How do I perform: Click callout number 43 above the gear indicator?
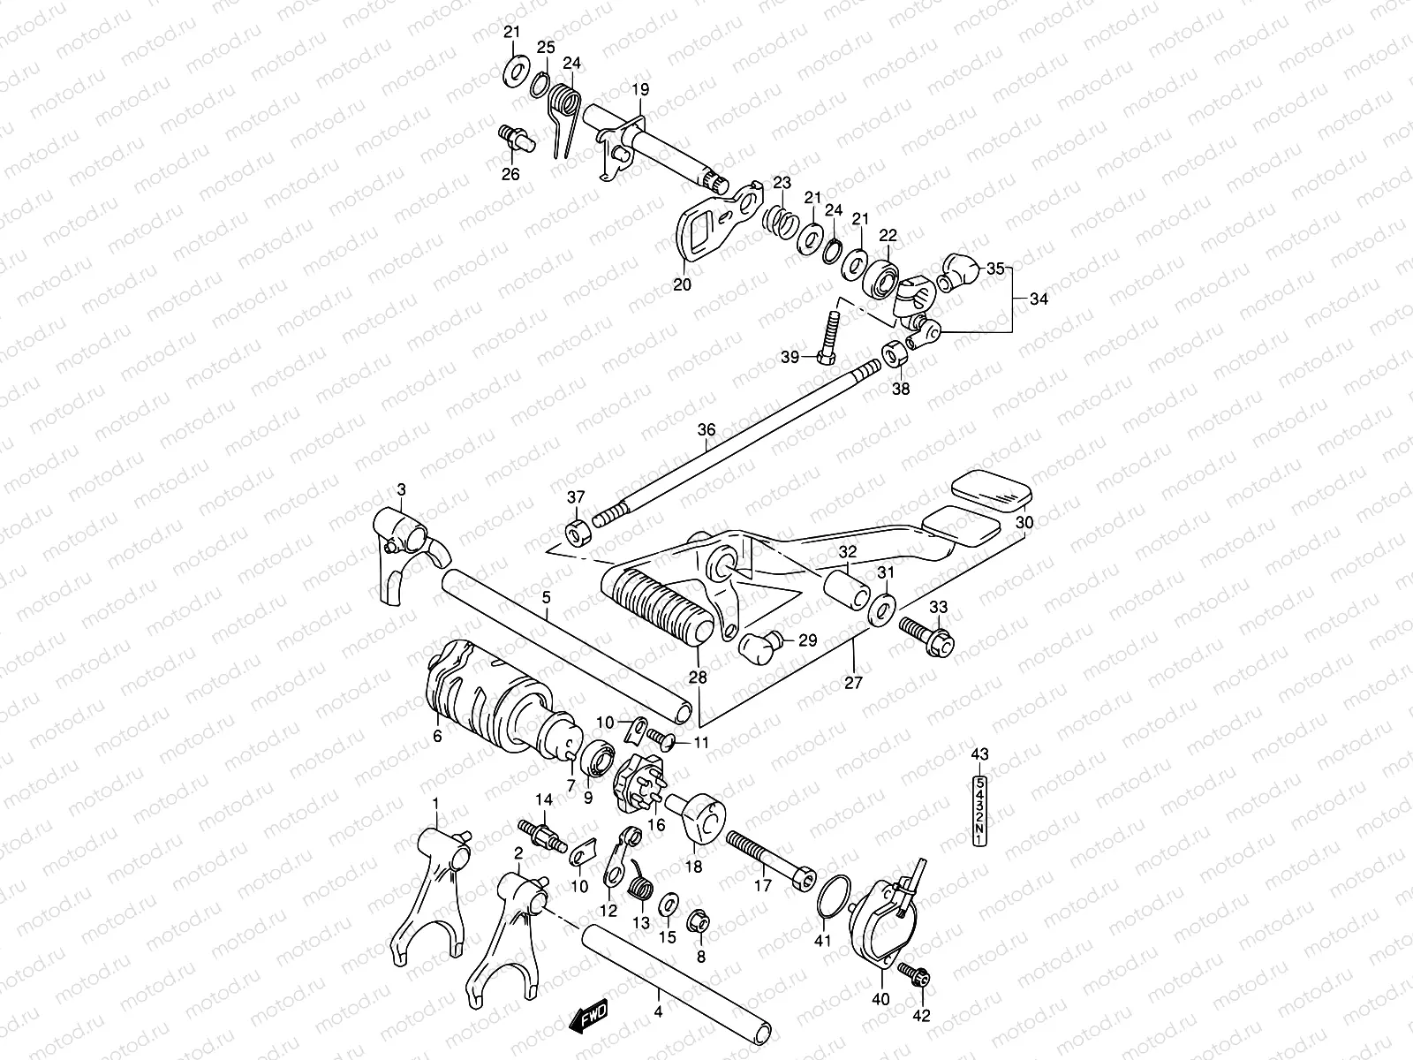(979, 753)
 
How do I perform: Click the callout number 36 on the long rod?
(706, 429)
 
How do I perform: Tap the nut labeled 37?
(575, 533)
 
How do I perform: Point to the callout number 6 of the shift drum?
(437, 737)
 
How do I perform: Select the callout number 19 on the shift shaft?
(639, 89)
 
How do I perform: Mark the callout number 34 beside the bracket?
(1039, 299)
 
